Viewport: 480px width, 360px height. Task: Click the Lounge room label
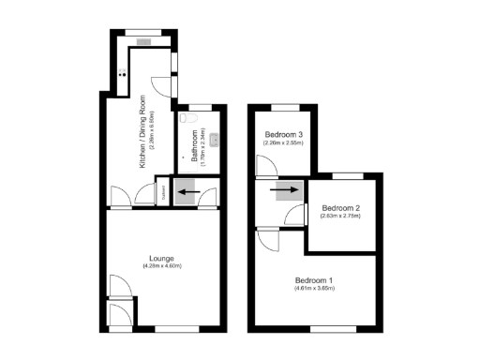tap(161, 258)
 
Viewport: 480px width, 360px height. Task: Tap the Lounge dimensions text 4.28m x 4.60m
tap(161, 266)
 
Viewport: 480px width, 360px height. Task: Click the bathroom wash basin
tap(214, 140)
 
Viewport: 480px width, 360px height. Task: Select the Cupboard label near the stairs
tap(161, 193)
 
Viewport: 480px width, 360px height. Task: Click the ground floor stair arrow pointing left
tap(187, 194)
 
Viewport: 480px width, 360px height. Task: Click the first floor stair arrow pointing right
tap(279, 194)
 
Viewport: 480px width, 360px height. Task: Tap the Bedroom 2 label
tap(340, 207)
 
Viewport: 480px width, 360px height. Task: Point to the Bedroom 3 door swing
tap(265, 166)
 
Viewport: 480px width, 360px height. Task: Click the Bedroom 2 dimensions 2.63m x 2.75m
tap(340, 216)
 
